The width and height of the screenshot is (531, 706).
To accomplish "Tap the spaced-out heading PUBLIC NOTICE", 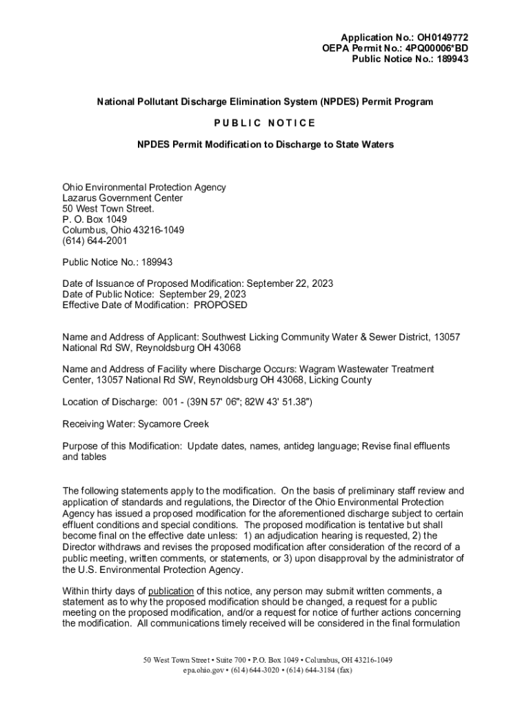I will [265, 123].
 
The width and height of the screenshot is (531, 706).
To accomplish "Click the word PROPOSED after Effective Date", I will [221, 305].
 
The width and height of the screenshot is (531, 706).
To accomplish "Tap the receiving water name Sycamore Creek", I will [173, 424].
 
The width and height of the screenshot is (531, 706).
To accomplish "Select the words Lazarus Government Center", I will [123, 198].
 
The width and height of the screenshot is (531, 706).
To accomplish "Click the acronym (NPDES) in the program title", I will [343, 101].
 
